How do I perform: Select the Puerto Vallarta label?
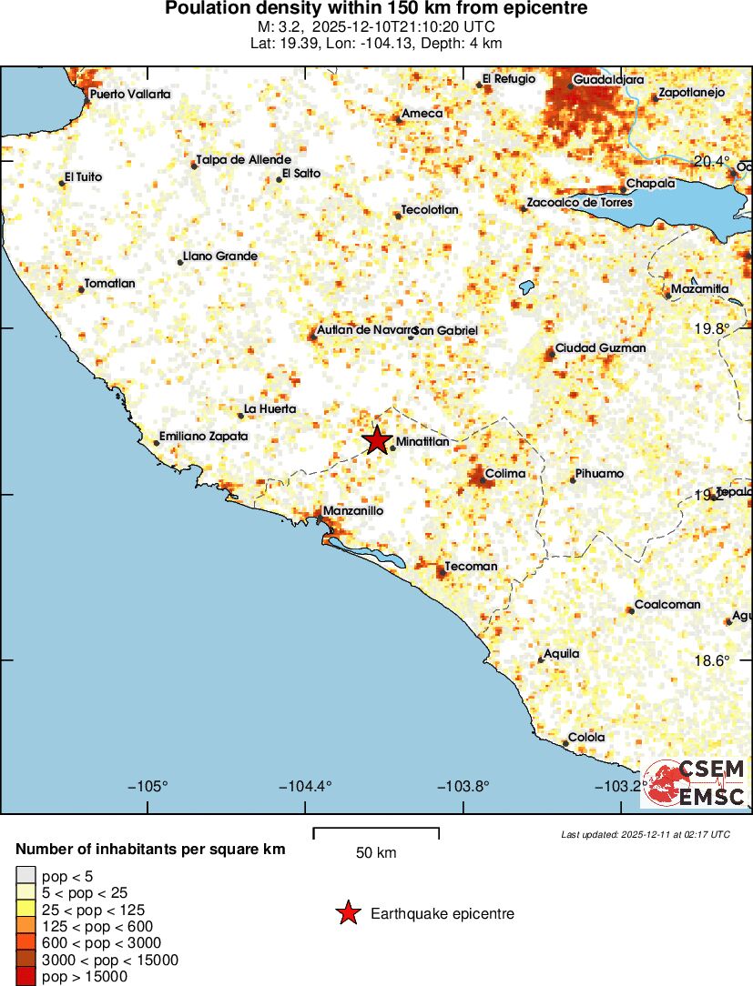(130, 94)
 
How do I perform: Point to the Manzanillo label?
(353, 511)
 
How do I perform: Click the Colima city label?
(504, 474)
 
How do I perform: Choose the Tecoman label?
(471, 566)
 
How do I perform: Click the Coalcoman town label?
(667, 604)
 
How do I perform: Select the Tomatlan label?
(109, 284)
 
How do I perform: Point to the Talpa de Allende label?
(243, 160)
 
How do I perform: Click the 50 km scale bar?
(376, 831)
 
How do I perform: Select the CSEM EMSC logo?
(695, 783)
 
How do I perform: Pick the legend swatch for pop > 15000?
(25, 977)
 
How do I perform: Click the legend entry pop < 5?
(67, 877)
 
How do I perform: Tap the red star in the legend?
(347, 913)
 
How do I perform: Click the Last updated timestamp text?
(646, 834)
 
